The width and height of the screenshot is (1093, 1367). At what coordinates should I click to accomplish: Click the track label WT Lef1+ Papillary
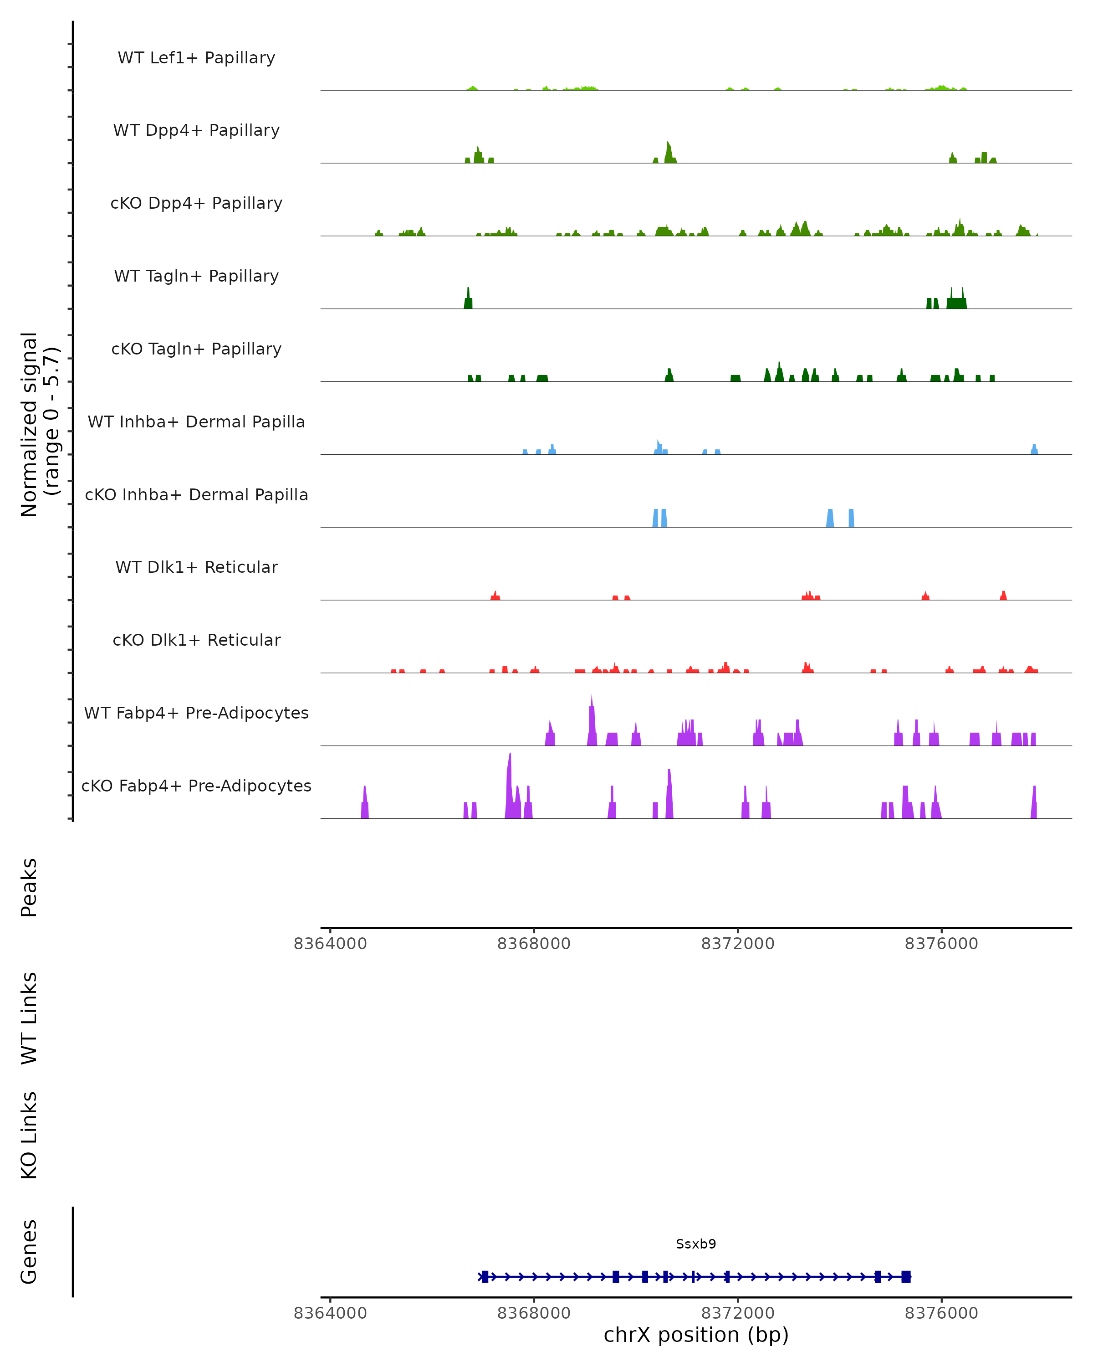tap(196, 58)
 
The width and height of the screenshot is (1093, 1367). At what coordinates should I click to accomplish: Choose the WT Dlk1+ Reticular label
tap(196, 567)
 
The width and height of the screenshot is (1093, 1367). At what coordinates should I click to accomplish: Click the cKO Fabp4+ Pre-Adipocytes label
tap(196, 786)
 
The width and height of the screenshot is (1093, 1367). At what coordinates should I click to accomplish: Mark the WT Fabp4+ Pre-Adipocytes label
tap(196, 713)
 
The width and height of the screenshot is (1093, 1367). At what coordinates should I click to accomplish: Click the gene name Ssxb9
tap(696, 1244)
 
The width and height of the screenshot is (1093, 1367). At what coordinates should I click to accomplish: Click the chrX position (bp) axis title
tap(696, 1335)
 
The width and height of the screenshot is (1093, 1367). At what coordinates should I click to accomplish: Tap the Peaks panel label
tap(29, 887)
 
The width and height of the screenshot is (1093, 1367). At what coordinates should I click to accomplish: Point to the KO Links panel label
tap(29, 1135)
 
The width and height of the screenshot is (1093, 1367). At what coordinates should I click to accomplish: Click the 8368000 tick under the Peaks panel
tap(533, 944)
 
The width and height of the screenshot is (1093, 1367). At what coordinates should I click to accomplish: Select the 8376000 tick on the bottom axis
tap(941, 1313)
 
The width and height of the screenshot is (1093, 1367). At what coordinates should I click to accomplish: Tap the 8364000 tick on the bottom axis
tap(330, 1313)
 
